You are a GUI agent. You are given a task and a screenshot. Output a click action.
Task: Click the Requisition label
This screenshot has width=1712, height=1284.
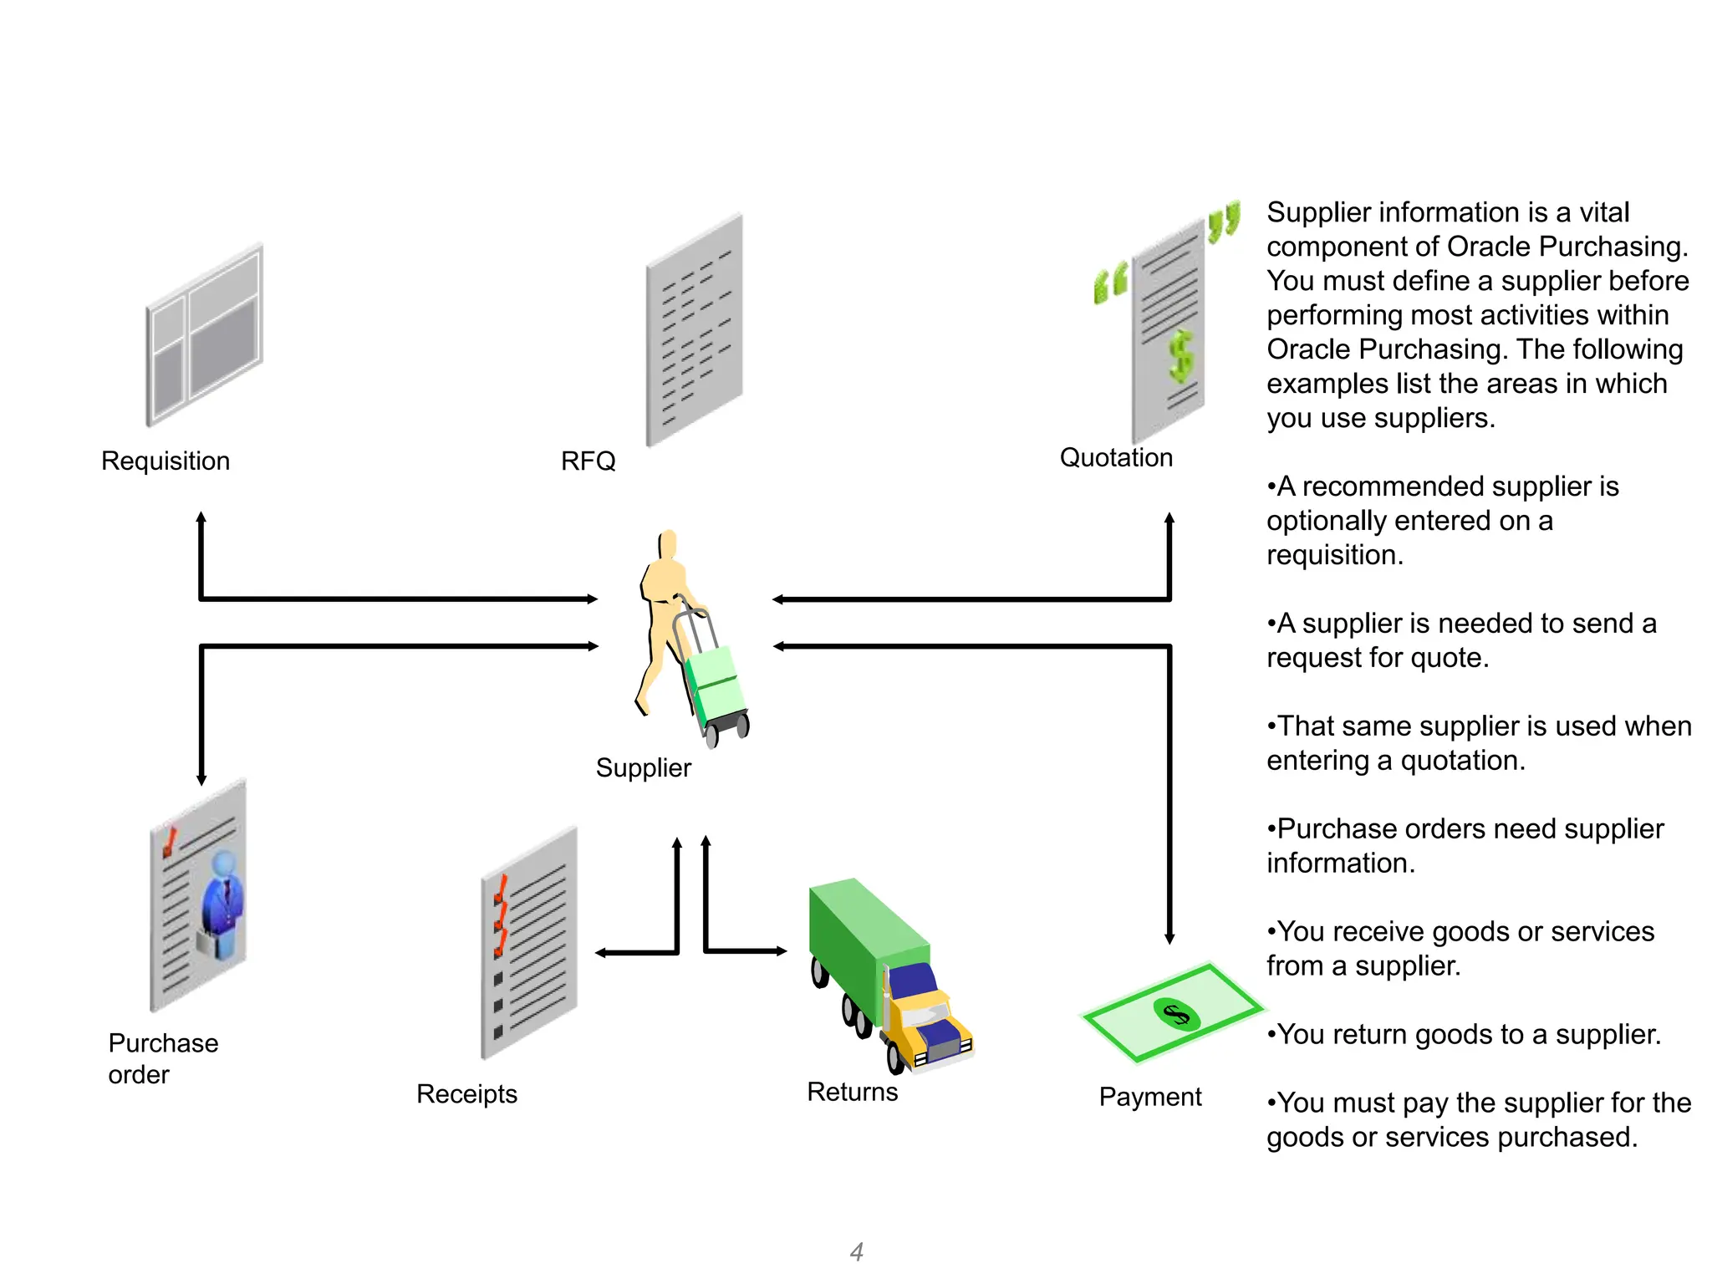(x=165, y=461)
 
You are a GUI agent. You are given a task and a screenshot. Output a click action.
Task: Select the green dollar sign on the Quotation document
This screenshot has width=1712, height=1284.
(x=1180, y=356)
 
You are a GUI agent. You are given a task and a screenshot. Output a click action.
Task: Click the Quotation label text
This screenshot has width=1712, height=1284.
(x=1116, y=457)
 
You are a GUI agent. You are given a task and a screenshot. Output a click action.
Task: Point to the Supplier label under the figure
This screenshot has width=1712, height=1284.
(x=643, y=767)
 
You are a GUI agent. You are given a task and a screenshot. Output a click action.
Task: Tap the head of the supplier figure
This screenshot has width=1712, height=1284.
(x=667, y=544)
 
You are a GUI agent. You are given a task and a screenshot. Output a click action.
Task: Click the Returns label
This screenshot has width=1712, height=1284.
(x=852, y=1092)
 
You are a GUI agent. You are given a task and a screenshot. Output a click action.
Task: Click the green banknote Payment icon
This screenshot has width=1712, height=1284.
(x=1172, y=1014)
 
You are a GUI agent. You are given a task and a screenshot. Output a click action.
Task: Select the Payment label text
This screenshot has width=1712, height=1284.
(x=1149, y=1097)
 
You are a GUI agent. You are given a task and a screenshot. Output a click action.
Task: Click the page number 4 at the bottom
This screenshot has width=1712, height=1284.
(x=856, y=1251)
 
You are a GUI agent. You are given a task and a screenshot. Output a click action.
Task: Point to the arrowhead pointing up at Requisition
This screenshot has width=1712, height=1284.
(x=201, y=517)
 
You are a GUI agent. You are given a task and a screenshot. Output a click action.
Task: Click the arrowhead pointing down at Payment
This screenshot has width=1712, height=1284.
(x=1169, y=939)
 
